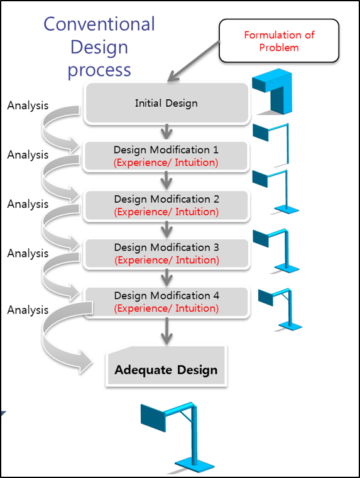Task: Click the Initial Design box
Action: (167, 103)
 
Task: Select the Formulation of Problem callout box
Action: (279, 41)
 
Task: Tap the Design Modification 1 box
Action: (166, 156)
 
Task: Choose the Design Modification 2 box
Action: (166, 205)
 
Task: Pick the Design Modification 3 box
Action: (166, 254)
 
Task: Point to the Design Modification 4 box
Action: (166, 302)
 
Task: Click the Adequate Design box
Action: (166, 366)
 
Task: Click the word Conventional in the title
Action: (99, 24)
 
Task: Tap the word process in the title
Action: (99, 70)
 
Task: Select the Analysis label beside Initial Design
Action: (28, 106)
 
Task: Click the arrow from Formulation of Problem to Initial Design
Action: (194, 61)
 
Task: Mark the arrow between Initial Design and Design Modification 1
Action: (166, 132)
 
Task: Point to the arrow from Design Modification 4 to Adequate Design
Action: (166, 332)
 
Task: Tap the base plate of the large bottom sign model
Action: (195, 465)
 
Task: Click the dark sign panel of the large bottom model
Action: (153, 418)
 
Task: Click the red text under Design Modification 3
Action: (166, 260)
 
